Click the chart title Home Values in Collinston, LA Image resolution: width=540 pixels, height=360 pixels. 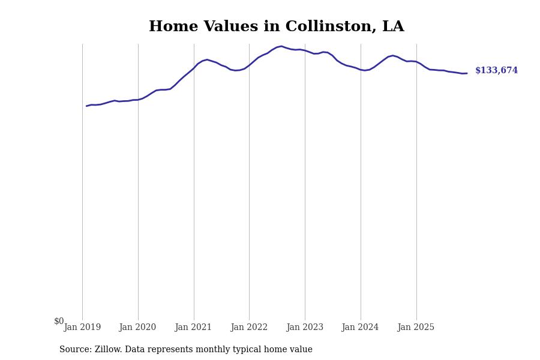(276, 27)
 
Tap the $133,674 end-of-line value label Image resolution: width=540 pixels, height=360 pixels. (496, 71)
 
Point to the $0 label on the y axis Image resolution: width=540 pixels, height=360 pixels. (59, 322)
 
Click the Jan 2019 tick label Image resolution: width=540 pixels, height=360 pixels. (82, 328)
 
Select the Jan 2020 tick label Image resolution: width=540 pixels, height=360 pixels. (137, 328)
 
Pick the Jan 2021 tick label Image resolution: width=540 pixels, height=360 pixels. (193, 328)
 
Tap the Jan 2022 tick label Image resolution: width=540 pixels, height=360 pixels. (249, 328)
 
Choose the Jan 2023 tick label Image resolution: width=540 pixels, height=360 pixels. (305, 328)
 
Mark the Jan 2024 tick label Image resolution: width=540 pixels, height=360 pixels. (360, 328)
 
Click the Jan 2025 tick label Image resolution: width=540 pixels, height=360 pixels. (416, 328)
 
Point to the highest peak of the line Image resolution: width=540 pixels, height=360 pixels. (281, 46)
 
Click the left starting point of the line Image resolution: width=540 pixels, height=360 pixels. (86, 106)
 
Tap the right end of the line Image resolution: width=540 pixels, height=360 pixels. (467, 73)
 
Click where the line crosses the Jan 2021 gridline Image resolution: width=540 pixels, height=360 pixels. (194, 67)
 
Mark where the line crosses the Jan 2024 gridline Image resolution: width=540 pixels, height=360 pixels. (361, 70)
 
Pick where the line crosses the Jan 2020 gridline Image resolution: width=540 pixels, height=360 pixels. (138, 100)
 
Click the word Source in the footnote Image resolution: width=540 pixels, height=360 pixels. (74, 350)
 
